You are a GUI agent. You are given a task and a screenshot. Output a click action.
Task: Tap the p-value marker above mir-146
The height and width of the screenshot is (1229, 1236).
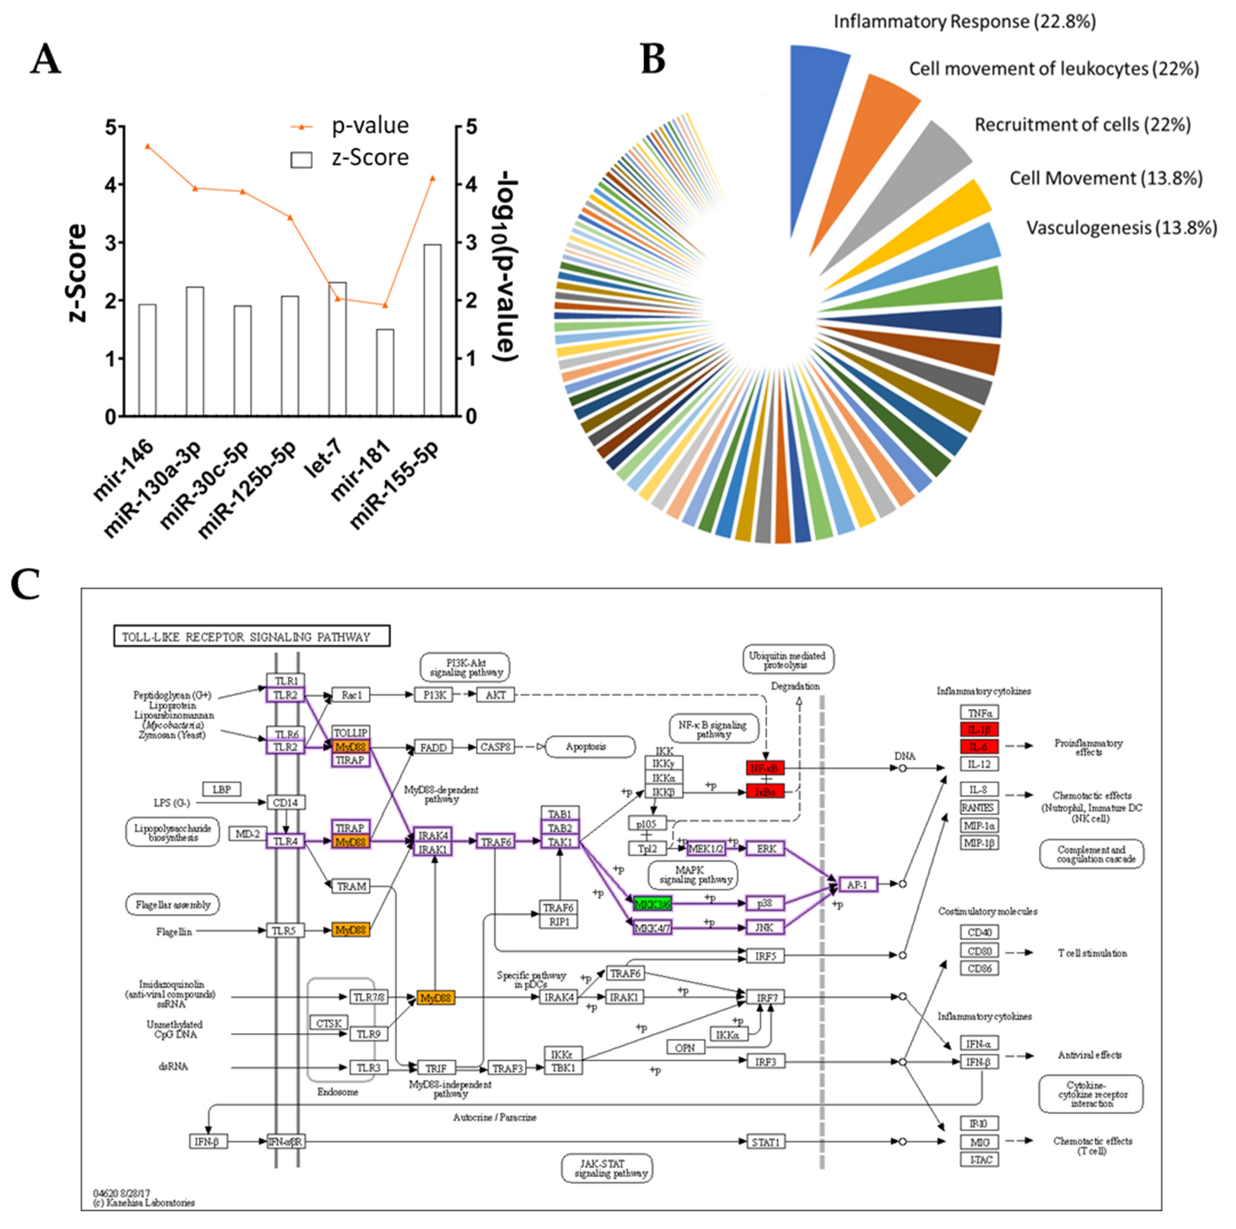(x=148, y=147)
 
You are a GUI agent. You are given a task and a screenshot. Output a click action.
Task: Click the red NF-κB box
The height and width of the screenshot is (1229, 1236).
(x=765, y=768)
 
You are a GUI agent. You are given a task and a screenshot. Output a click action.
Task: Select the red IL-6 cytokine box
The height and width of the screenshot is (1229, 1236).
(x=978, y=747)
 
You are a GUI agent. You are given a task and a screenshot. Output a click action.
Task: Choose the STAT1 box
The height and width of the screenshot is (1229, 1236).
(x=765, y=1142)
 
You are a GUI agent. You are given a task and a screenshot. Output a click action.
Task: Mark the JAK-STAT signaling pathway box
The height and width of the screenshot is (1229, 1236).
(x=607, y=1168)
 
